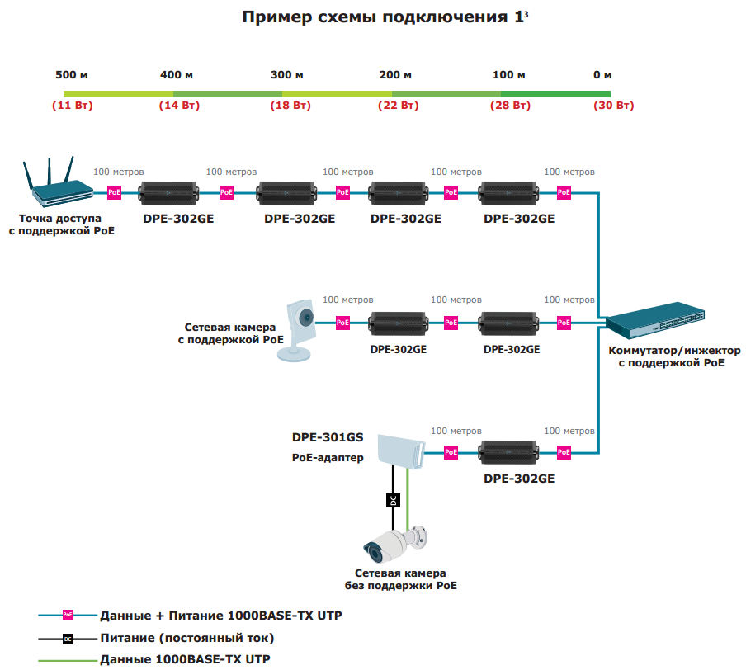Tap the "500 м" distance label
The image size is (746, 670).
click(x=72, y=75)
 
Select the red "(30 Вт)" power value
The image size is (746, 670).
click(x=613, y=106)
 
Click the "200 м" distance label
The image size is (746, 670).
click(x=395, y=75)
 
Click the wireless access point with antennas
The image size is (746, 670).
click(x=60, y=184)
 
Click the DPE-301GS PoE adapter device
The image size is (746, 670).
click(x=399, y=449)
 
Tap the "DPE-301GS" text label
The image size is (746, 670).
click(x=328, y=437)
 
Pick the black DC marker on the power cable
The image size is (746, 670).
click(x=393, y=500)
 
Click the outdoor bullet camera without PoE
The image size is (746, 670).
click(x=397, y=544)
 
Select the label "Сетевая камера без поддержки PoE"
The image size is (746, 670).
click(x=400, y=579)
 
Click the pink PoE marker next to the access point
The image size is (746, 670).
click(x=114, y=193)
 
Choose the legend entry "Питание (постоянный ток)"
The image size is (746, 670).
click(x=186, y=638)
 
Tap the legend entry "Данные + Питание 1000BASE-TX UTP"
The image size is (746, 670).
click(x=220, y=616)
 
